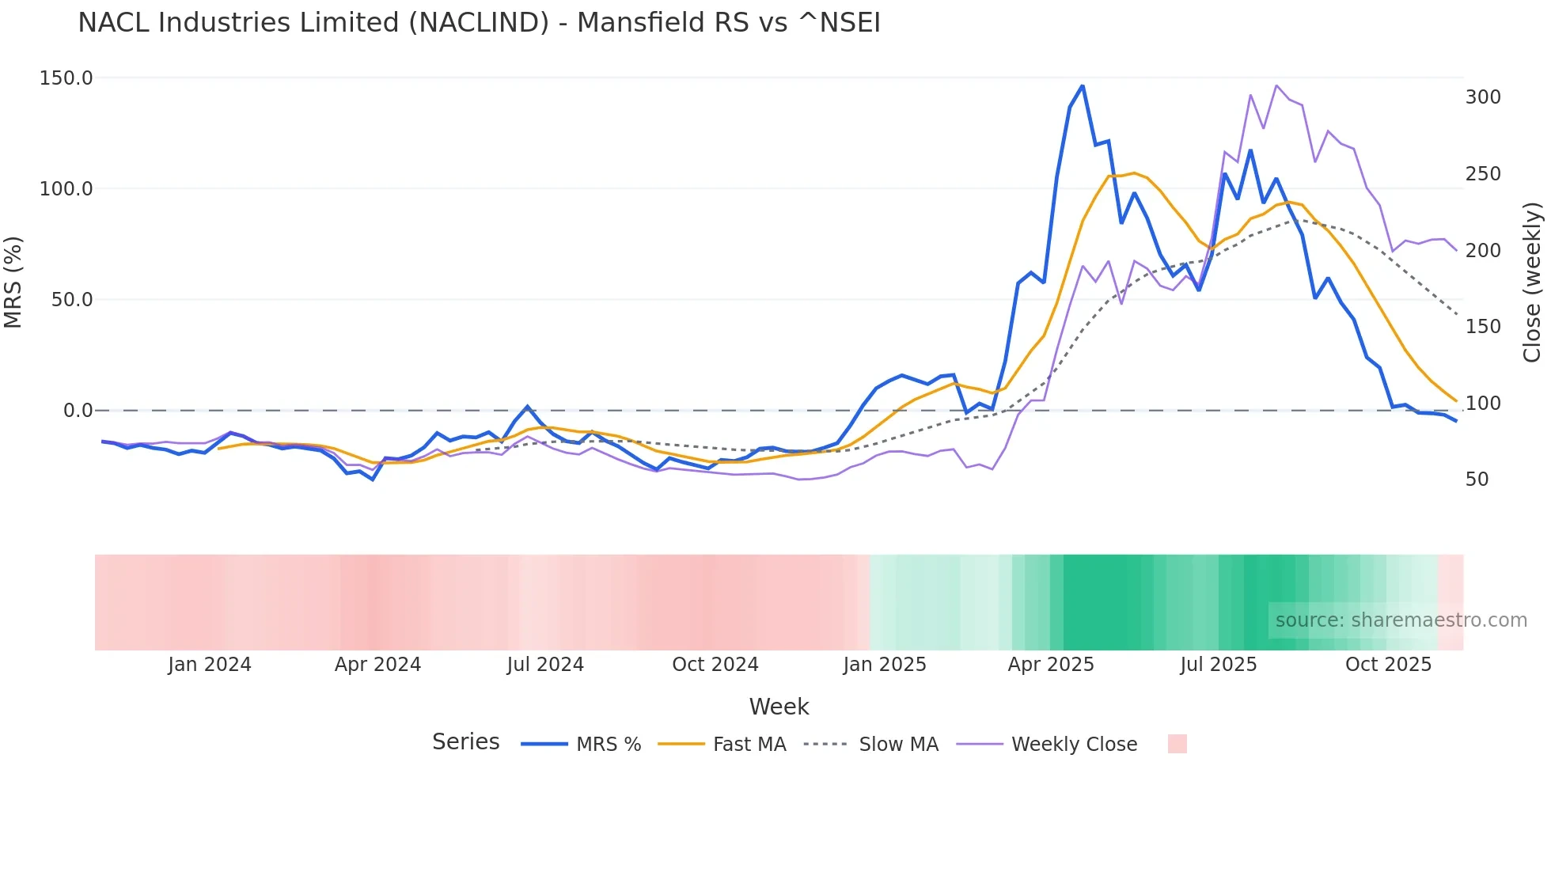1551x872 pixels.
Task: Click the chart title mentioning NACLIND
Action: coord(479,23)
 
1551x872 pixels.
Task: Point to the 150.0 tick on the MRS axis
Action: coord(66,78)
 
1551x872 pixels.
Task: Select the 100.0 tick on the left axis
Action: coord(66,189)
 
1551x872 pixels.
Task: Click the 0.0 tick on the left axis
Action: coord(78,411)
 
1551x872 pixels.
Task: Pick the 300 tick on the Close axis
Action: coord(1483,97)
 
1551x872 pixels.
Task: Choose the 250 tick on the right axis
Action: coord(1483,174)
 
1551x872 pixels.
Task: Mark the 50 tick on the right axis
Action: coord(1477,480)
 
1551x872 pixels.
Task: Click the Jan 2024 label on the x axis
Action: coord(210,665)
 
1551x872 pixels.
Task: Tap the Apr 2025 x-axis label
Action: coord(1051,665)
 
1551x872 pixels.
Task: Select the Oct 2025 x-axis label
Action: coord(1388,665)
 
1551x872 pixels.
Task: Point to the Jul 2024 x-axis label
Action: coord(545,665)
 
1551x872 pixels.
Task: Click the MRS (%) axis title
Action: coord(13,282)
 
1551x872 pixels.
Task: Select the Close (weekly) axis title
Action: coord(1533,282)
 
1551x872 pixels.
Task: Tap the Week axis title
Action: coord(779,707)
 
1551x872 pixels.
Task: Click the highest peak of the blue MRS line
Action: coord(1083,86)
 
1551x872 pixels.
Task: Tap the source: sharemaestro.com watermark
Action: coord(1401,620)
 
